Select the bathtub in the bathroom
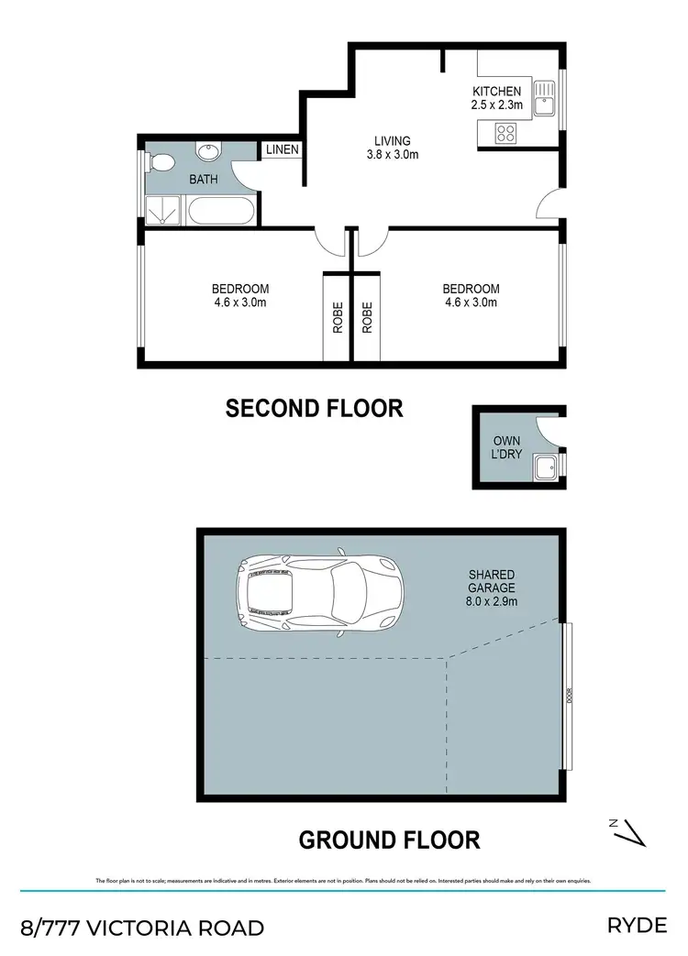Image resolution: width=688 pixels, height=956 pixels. click(x=220, y=212)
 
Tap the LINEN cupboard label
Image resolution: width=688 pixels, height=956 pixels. click(x=281, y=149)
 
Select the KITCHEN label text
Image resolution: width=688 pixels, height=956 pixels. click(x=496, y=92)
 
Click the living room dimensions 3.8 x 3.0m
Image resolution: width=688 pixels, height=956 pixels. click(x=392, y=155)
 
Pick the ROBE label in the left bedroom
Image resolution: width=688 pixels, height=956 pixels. click(x=337, y=317)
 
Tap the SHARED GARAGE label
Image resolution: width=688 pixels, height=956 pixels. click(x=492, y=581)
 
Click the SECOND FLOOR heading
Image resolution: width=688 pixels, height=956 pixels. click(x=314, y=408)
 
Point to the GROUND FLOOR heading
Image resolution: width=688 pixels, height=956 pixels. click(x=389, y=839)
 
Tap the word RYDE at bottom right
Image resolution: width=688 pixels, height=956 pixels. click(x=637, y=926)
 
